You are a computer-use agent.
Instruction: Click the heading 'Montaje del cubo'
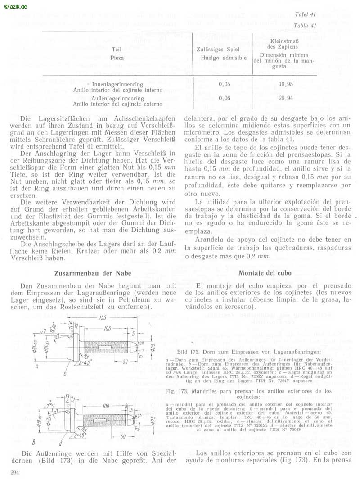[265, 273]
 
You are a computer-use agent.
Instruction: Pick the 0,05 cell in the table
[224, 84]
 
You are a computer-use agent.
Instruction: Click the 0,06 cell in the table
[224, 98]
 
